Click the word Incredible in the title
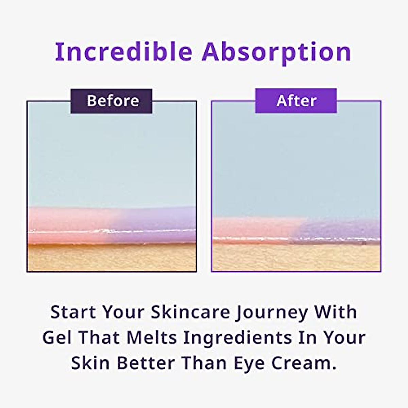[123, 52]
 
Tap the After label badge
[296, 101]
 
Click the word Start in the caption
[73, 312]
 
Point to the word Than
[205, 363]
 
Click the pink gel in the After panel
[252, 227]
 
